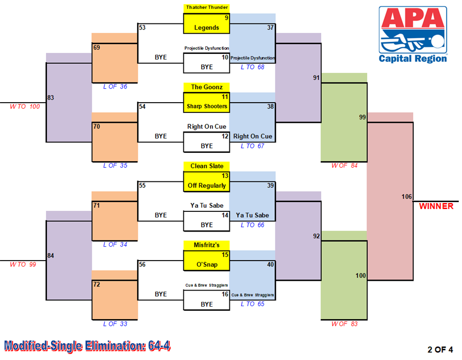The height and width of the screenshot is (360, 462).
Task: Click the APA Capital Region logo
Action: pyautogui.click(x=413, y=35)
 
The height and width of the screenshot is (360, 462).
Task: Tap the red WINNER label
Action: pyautogui.click(x=436, y=206)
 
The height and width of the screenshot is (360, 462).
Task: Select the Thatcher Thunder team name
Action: pyautogui.click(x=207, y=7)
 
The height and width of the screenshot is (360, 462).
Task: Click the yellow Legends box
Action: pyautogui.click(x=206, y=23)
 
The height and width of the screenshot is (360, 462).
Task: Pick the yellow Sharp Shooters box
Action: pyautogui.click(x=206, y=103)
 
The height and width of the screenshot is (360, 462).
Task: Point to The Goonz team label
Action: pyautogui.click(x=207, y=87)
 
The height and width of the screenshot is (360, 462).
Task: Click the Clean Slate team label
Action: pyautogui.click(x=207, y=166)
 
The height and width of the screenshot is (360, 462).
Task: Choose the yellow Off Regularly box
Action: pyautogui.click(x=206, y=181)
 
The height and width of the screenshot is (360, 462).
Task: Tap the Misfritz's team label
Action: pyautogui.click(x=206, y=245)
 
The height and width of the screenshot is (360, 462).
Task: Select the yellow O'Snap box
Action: pyautogui.click(x=206, y=261)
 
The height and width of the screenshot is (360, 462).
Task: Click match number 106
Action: pyautogui.click(x=407, y=196)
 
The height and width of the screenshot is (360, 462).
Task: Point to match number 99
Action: pyautogui.click(x=363, y=117)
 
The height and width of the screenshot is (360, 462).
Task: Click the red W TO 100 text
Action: pyautogui.click(x=25, y=106)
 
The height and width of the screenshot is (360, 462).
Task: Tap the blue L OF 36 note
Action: pyautogui.click(x=115, y=87)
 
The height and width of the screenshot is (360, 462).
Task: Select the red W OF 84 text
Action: pyautogui.click(x=344, y=166)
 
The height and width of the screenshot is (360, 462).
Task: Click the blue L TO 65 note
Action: pyautogui.click(x=252, y=304)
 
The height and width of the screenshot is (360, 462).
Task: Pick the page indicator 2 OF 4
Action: pyautogui.click(x=440, y=349)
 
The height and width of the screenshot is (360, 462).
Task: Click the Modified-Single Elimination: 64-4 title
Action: pyautogui.click(x=87, y=346)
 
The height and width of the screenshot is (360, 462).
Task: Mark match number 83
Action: pyautogui.click(x=51, y=97)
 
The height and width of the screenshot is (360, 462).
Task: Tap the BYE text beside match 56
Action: pyautogui.click(x=161, y=294)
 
